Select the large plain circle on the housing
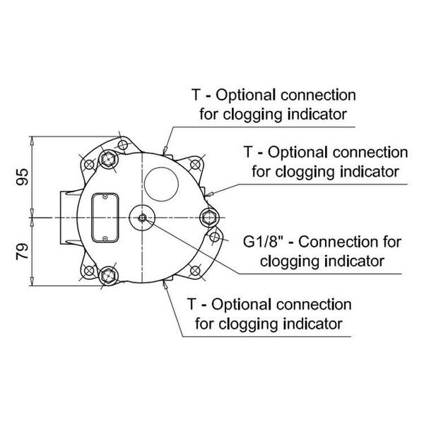tap(162, 180)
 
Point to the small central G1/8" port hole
tap(143, 218)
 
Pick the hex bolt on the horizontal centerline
tap(208, 218)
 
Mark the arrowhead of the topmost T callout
tap(165, 150)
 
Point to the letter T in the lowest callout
tap(193, 305)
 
